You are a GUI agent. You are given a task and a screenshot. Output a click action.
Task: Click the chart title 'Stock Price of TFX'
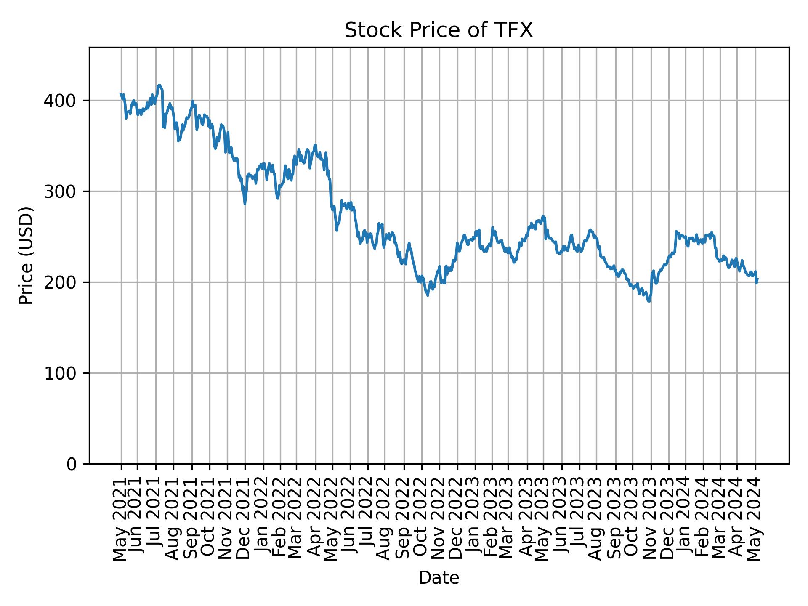pyautogui.click(x=439, y=31)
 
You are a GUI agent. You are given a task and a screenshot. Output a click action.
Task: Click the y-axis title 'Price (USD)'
pyautogui.click(x=26, y=255)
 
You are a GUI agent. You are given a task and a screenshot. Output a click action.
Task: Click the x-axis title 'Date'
pyautogui.click(x=439, y=578)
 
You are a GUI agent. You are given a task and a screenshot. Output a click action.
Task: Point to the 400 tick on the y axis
pyautogui.click(x=64, y=101)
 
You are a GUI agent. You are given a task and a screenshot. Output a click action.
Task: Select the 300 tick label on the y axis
pyautogui.click(x=64, y=191)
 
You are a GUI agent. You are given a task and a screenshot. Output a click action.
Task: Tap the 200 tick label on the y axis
pyautogui.click(x=64, y=282)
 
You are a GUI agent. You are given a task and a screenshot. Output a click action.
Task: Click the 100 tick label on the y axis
pyautogui.click(x=64, y=373)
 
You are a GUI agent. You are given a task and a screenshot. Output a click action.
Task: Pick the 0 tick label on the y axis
pyautogui.click(x=72, y=464)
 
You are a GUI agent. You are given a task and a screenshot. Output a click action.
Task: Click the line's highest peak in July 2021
pyautogui.click(x=159, y=85)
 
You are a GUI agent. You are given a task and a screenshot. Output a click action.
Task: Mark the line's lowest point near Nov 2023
pyautogui.click(x=649, y=301)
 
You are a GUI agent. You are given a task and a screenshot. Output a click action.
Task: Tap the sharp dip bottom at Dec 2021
pyautogui.click(x=245, y=204)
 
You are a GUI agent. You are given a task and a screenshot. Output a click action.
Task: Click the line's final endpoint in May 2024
pyautogui.click(x=757, y=279)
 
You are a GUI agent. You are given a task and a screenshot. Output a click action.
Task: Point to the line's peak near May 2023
pyautogui.click(x=543, y=216)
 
